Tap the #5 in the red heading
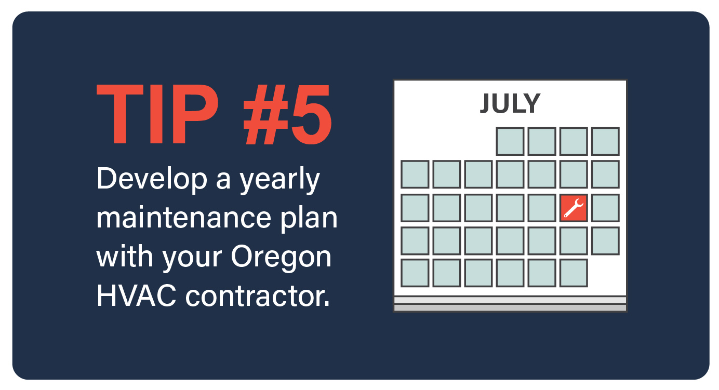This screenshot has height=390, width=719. pos(287,115)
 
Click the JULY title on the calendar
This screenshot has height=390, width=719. pos(510,103)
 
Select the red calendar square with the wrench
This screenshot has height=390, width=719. pos(574,208)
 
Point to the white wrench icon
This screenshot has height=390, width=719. pos(574,208)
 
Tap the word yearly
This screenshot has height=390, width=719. pos(280,180)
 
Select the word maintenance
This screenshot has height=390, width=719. pos(184,218)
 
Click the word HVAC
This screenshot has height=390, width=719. pos(137,295)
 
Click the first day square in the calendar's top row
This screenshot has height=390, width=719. pos(510,142)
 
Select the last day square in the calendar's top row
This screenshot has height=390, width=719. pos(605,142)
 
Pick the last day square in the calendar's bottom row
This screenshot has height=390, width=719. pos(574,273)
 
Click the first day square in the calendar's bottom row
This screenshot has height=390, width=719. pos(415,273)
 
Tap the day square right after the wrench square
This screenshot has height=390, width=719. pos(605,208)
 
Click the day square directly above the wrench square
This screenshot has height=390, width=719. pos(574,174)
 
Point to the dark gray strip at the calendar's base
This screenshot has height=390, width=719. pos(510,308)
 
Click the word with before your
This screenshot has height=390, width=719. pos(125,256)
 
